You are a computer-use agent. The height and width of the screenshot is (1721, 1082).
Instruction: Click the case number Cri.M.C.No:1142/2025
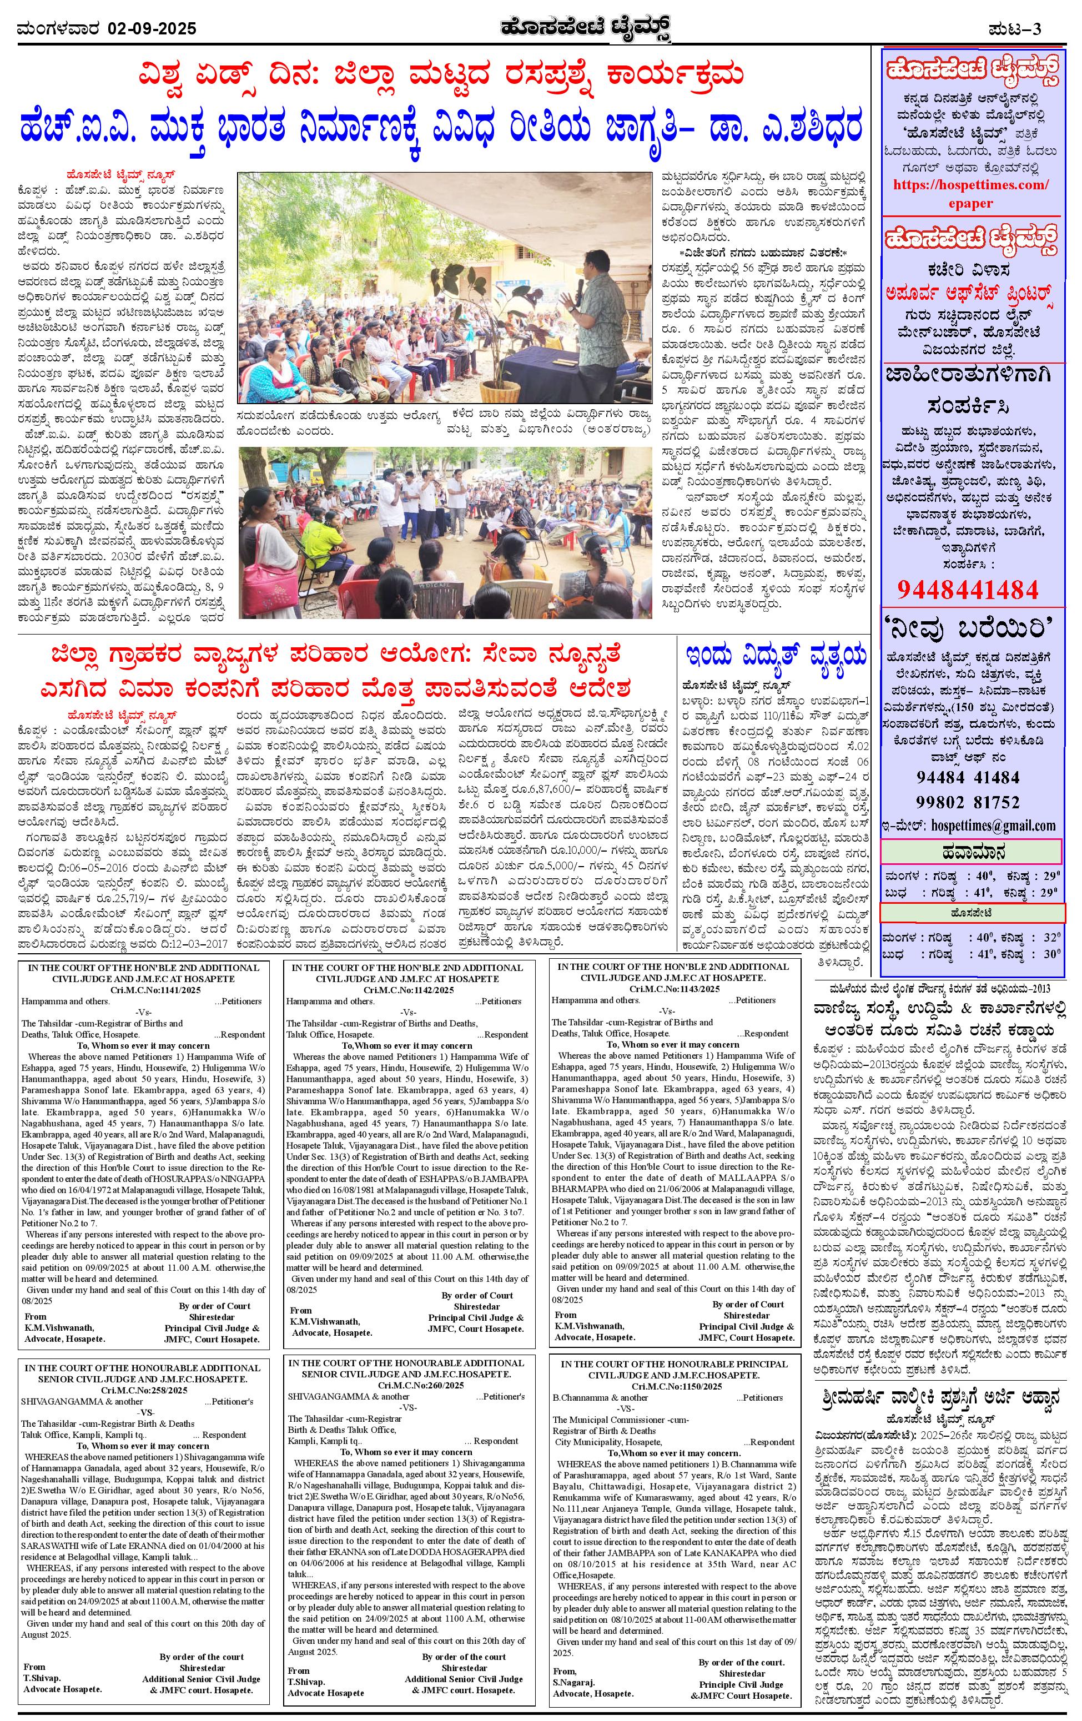tap(408, 990)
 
